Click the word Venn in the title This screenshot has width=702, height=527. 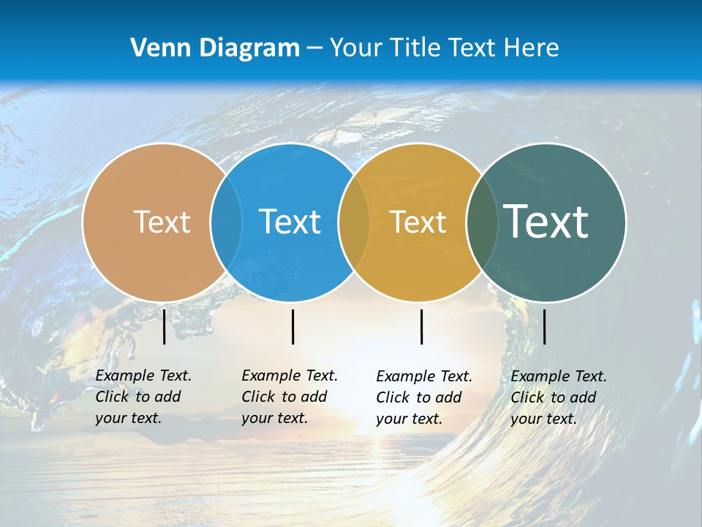click(156, 48)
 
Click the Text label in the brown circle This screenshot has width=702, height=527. click(162, 222)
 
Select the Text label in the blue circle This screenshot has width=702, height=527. click(290, 222)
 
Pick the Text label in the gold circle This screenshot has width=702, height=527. click(418, 222)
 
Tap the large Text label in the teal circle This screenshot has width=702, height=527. click(546, 221)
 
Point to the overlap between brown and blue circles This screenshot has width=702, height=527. click(226, 222)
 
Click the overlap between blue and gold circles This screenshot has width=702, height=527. click(354, 222)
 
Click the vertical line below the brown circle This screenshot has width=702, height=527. click(164, 326)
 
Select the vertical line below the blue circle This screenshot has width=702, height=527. click(292, 326)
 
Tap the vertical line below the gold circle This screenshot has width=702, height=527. click(421, 326)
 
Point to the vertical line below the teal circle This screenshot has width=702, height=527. click(544, 326)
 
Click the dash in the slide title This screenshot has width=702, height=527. click(314, 48)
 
